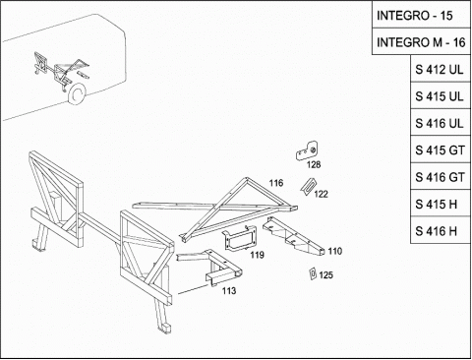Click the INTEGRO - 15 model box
[421, 15]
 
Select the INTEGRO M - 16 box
[421, 41]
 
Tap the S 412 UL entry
[441, 69]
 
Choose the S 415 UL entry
[441, 95]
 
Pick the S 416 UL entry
[441, 122]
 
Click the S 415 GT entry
[441, 150]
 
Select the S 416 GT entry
[441, 176]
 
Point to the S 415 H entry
[441, 204]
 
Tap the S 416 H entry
[441, 230]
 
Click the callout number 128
[314, 164]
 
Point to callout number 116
[276, 183]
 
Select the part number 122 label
[321, 194]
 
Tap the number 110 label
[335, 251]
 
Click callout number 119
[258, 255]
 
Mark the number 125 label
[325, 274]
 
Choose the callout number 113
[229, 290]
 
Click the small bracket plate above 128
[308, 150]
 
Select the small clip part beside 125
[313, 273]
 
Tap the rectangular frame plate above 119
[240, 239]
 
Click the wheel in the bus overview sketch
[76, 93]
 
